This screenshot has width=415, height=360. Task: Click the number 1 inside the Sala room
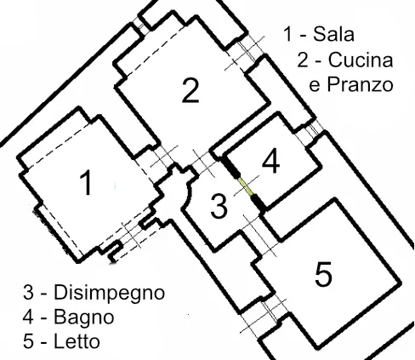tap(86, 182)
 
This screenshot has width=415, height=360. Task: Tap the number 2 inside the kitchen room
tap(190, 90)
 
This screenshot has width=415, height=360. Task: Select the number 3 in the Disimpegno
tap(219, 206)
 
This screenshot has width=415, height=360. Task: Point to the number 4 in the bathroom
tap(271, 161)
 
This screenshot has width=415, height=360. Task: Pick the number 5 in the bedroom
tap(323, 274)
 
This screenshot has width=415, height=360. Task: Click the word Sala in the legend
tap(333, 34)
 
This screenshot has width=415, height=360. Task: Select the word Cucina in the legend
tap(361, 60)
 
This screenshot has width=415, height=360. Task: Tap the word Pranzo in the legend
tap(361, 84)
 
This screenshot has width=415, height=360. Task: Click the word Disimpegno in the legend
tap(109, 294)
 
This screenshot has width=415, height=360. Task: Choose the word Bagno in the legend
tap(84, 318)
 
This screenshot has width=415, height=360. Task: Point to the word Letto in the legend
tap(77, 341)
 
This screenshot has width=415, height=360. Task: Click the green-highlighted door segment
tap(246, 186)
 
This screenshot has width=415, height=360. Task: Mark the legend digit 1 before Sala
tap(288, 34)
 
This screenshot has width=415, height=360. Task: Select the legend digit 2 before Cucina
tap(303, 60)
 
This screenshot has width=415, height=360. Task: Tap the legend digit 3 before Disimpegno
tap(28, 292)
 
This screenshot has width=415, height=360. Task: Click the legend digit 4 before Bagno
tap(28, 317)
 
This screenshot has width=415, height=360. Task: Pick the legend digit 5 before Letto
tap(28, 341)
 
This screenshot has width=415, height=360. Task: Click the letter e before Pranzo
tap(315, 86)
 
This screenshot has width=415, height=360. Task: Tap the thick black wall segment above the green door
tap(230, 167)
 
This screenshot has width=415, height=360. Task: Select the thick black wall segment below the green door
tap(259, 203)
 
